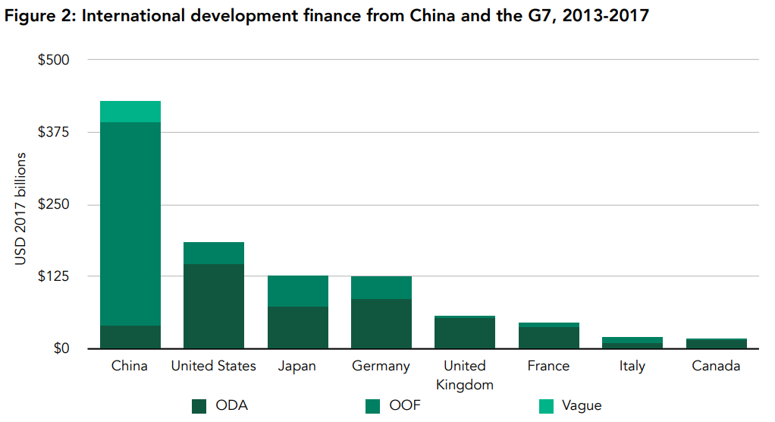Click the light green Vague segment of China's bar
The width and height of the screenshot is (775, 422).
(x=130, y=112)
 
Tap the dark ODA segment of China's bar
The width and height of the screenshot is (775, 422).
(x=130, y=337)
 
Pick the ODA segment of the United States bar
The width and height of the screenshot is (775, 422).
(x=213, y=306)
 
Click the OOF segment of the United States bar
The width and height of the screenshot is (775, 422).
(x=213, y=253)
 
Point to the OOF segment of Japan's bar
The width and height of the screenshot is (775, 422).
(x=297, y=291)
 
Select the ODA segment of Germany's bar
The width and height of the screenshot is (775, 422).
(x=381, y=323)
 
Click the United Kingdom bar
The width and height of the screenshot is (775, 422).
(x=464, y=332)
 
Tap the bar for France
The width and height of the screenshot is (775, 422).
(x=548, y=336)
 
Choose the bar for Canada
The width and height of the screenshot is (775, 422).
(x=716, y=344)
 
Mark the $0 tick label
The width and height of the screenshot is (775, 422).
(x=61, y=349)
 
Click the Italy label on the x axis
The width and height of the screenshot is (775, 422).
(x=632, y=367)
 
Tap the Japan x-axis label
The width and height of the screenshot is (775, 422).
(x=297, y=367)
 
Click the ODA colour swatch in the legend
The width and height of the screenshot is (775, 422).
(x=199, y=406)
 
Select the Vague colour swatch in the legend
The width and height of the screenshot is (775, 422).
(x=547, y=406)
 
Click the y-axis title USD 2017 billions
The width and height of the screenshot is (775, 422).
(x=22, y=209)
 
